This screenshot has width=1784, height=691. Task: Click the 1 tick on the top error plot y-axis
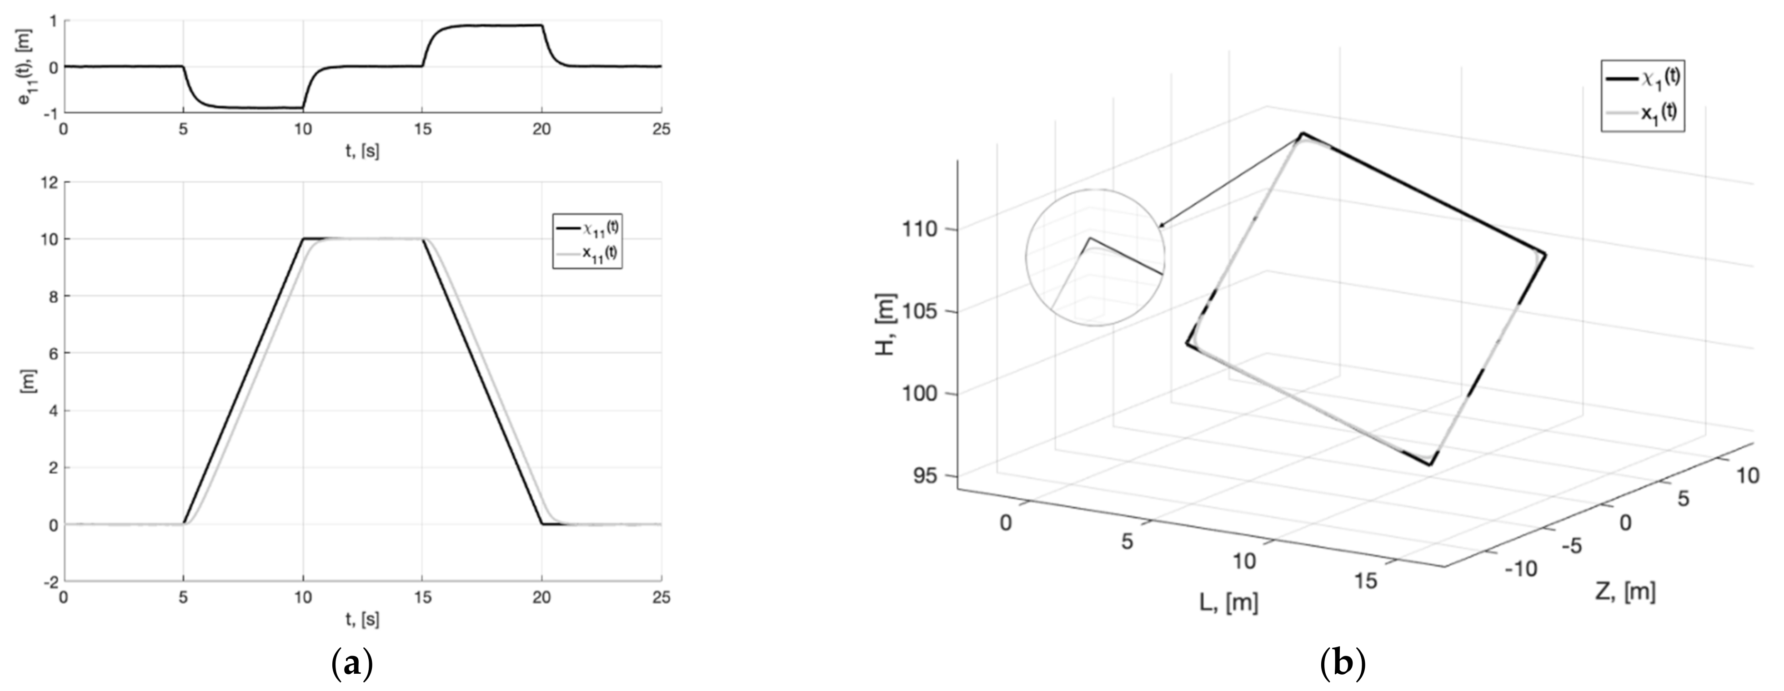pos(53,21)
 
